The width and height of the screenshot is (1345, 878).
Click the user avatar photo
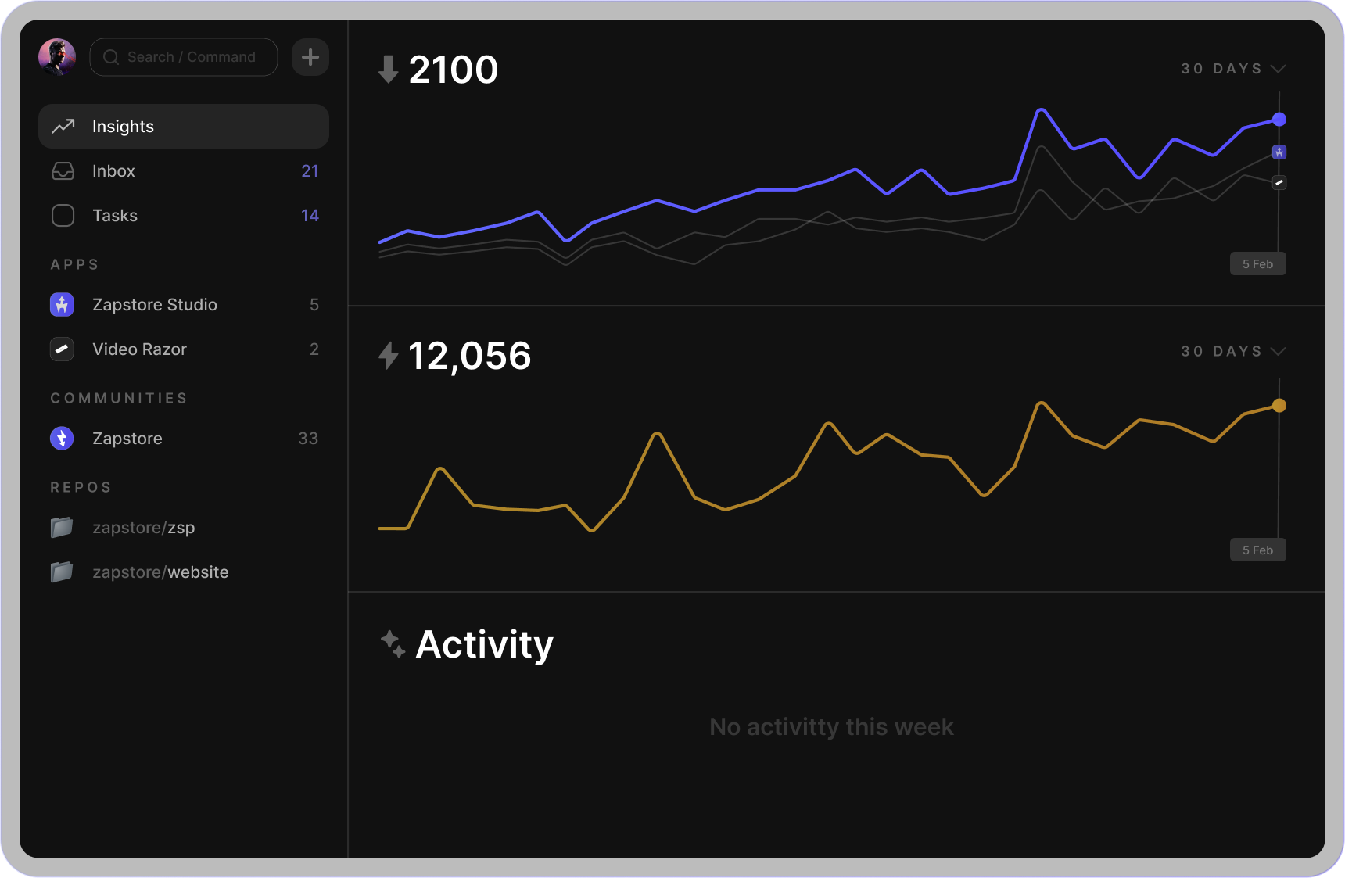(57, 57)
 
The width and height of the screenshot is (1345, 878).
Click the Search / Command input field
(184, 57)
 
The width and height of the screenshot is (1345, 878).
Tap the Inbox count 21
(310, 171)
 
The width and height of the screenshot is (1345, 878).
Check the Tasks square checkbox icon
(63, 216)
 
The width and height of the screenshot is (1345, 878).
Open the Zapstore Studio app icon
(62, 305)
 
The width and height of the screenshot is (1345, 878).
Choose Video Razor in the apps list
(139, 349)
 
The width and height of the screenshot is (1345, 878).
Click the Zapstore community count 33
(307, 439)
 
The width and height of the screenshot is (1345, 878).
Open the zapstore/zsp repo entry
(143, 528)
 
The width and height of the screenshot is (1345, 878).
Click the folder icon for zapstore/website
(62, 572)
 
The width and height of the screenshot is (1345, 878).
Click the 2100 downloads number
(453, 70)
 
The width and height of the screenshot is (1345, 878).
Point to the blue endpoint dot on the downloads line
(1279, 120)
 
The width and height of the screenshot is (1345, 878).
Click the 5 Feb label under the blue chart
(1257, 264)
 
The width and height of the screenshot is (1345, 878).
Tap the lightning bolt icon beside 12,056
(388, 356)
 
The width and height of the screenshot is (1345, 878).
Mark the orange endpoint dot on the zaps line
(1279, 406)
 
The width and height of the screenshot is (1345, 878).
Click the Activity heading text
(484, 645)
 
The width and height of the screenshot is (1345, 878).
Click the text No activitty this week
(831, 727)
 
